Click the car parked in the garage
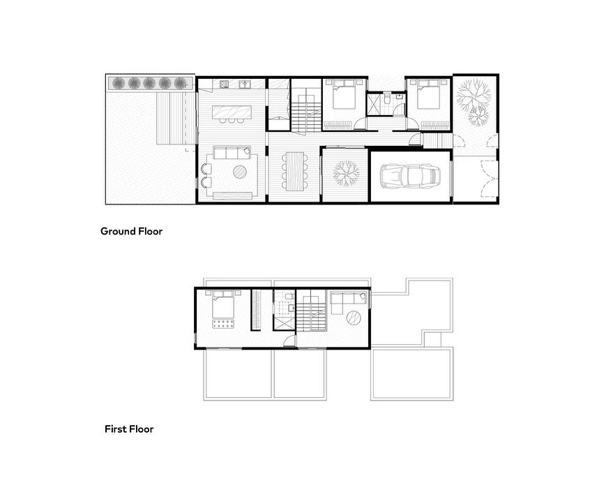coord(410,176)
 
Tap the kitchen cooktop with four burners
coord(225,84)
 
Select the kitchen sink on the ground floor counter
coord(245,84)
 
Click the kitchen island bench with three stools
coord(232,112)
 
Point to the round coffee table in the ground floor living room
coord(240,172)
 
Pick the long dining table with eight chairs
coord(295,171)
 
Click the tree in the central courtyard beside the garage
coord(346,173)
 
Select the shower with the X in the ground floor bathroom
coord(373,105)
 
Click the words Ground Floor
coord(131,231)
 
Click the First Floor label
coord(129,429)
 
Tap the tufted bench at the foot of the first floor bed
coord(223,324)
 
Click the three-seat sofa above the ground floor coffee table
coord(232,153)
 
